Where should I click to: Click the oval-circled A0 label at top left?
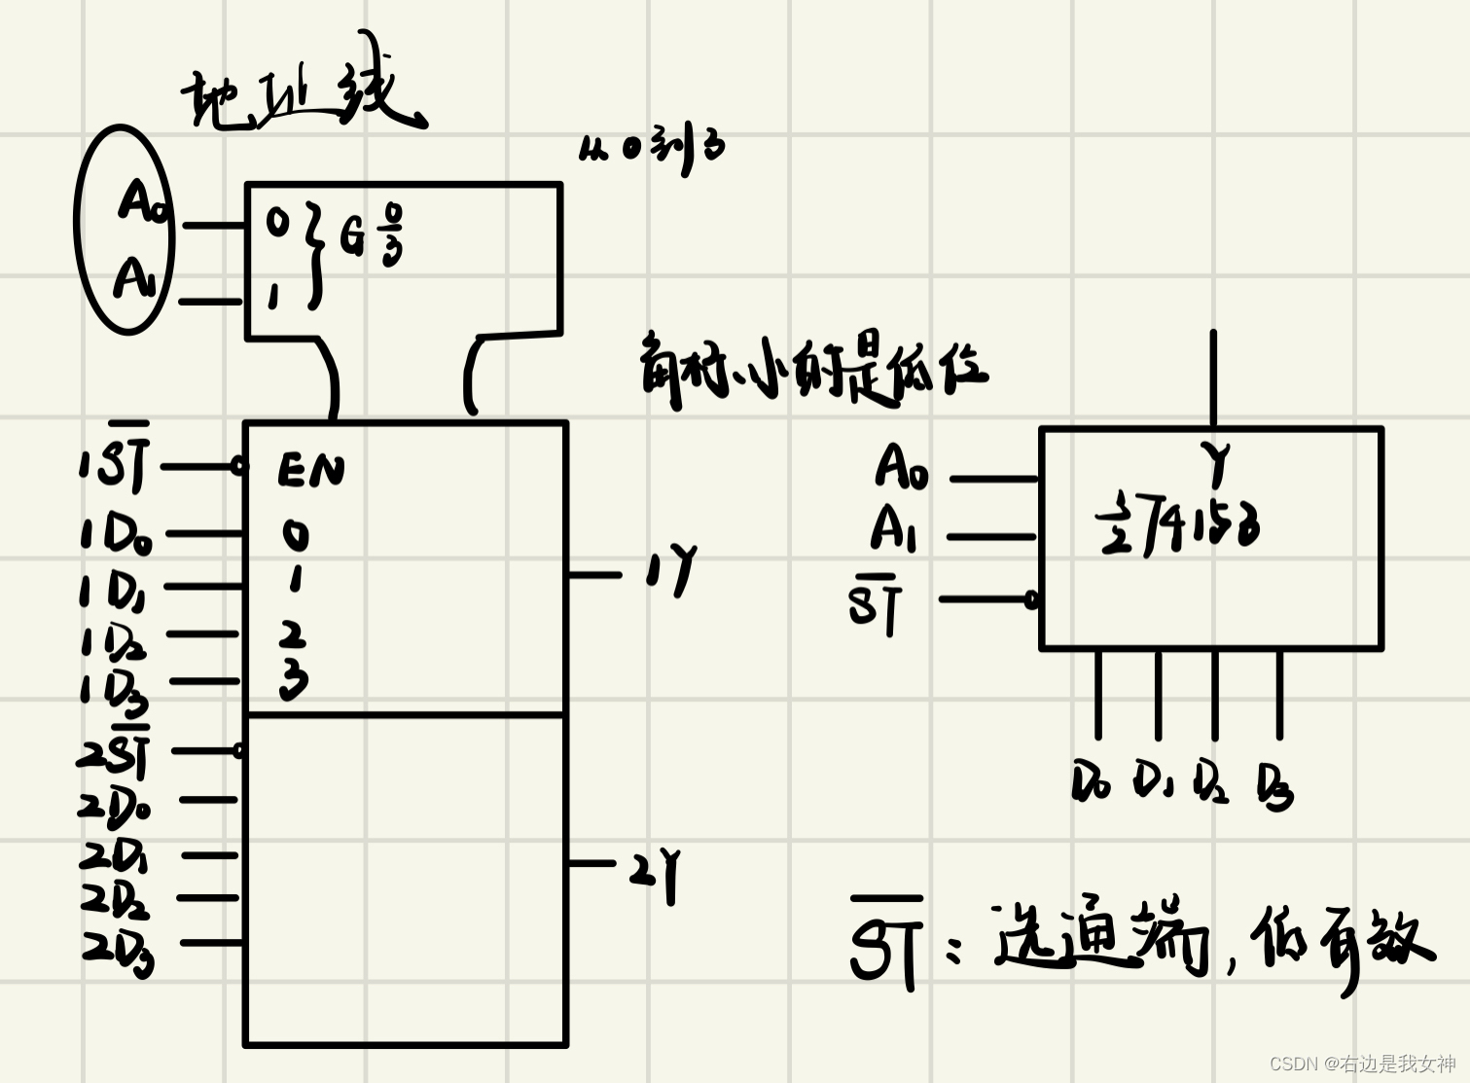pos(143,201)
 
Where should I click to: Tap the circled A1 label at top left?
pos(134,279)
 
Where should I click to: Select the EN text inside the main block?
pos(310,470)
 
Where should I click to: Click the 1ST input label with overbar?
pos(116,462)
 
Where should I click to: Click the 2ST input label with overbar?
pos(116,752)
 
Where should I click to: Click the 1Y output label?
pos(671,568)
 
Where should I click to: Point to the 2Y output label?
pos(655,871)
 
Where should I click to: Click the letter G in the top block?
pos(352,236)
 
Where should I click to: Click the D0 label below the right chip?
pos(1090,781)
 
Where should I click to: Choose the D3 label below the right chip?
pos(1274,786)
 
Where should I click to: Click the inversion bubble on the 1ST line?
pos(238,467)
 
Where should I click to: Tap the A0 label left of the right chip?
pos(901,467)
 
